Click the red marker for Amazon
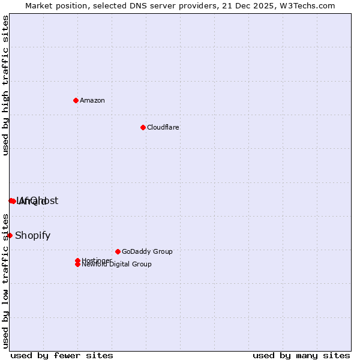click(x=76, y=100)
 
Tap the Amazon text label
click(x=92, y=100)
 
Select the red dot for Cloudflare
click(x=143, y=127)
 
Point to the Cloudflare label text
click(x=163, y=127)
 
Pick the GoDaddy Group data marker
click(x=118, y=251)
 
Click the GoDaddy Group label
click(x=147, y=251)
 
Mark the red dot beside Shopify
click(x=10, y=235)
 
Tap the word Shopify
click(x=32, y=235)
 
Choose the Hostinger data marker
click(x=77, y=260)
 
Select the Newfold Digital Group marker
click(x=77, y=265)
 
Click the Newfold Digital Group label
click(x=116, y=265)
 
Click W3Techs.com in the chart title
click(x=307, y=5)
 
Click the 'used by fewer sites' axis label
click(x=62, y=355)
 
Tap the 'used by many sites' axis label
click(x=301, y=355)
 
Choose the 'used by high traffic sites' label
click(x=5, y=85)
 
